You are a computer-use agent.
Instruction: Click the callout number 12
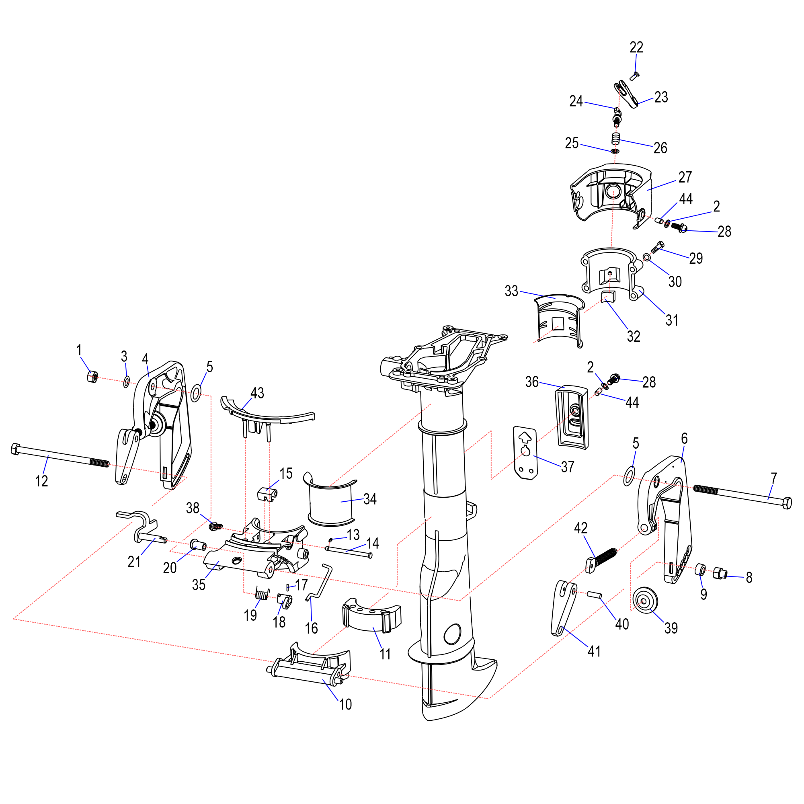[x=42, y=482]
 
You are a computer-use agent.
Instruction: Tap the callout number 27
[x=685, y=177]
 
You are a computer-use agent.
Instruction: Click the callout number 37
[x=568, y=467]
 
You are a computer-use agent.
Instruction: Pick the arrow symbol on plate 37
[x=525, y=437]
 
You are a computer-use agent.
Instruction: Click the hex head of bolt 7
[x=787, y=503]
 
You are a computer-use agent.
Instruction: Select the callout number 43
[x=257, y=393]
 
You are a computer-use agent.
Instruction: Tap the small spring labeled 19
[x=262, y=595]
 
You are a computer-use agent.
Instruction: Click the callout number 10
[x=345, y=705]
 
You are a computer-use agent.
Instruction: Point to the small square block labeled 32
[x=608, y=297]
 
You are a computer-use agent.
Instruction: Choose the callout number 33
[x=511, y=291]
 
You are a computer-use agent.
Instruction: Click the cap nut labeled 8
[x=720, y=574]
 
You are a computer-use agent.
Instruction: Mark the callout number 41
[x=594, y=651]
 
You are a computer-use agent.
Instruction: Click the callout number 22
[x=636, y=47]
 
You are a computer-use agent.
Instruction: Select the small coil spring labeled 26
[x=616, y=138]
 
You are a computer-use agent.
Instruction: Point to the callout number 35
[x=199, y=585]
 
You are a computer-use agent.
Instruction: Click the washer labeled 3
[x=126, y=381]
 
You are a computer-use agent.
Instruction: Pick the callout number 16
[x=311, y=628]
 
